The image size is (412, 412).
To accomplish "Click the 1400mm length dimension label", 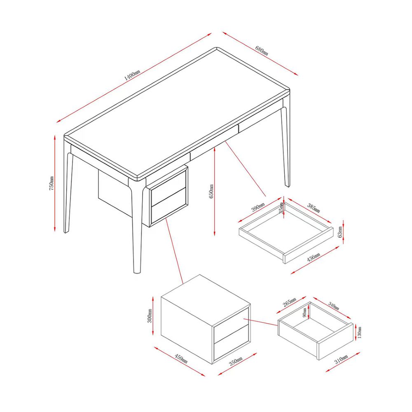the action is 132,75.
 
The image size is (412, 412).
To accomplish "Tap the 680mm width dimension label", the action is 262,50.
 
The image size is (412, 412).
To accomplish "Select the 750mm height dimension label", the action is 51,183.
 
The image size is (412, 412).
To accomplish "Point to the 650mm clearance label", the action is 211,191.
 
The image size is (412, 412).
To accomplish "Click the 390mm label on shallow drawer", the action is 258,207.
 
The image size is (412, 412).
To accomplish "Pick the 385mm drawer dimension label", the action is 314,208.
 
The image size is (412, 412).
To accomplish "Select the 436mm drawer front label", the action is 314,257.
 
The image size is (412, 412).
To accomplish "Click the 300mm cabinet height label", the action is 150,316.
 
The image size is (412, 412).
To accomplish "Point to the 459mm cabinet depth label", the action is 181,359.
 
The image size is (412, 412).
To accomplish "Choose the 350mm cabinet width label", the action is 236,361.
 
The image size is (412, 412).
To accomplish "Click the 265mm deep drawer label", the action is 290,302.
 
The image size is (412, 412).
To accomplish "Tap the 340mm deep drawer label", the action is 333,305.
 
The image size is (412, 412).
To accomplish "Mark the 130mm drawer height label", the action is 359,332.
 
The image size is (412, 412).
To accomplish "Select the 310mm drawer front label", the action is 341,359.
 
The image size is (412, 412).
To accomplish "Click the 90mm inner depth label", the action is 304,312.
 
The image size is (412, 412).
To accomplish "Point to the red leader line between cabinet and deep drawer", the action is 261,322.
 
